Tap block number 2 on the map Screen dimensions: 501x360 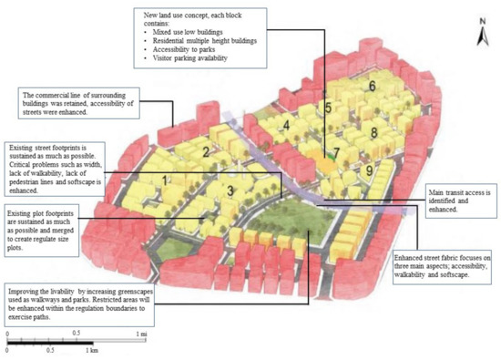[207, 152]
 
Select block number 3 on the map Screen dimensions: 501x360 [231, 190]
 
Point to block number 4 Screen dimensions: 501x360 [286, 126]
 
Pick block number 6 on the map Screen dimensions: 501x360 [373, 86]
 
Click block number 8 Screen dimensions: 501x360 [374, 132]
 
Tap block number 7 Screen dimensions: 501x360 [336, 152]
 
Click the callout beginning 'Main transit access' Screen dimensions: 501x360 [460, 202]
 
